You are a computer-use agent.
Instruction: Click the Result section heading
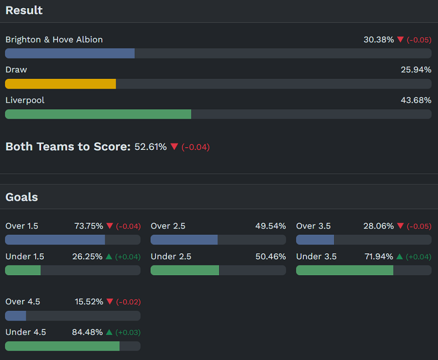click(x=24, y=10)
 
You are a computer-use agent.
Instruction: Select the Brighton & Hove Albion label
click(x=54, y=39)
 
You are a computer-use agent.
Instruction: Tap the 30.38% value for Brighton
click(x=378, y=39)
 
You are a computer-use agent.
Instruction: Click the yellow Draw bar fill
click(x=60, y=84)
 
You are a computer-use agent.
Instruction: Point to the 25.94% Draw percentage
click(x=416, y=69)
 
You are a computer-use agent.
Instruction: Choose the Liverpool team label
click(x=25, y=100)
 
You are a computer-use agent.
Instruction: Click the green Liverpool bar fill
click(x=98, y=114)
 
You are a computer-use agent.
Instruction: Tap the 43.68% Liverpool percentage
click(x=416, y=100)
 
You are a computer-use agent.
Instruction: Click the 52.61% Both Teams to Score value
click(x=151, y=147)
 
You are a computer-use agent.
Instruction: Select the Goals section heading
click(x=21, y=197)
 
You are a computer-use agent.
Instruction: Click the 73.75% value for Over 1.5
click(x=89, y=226)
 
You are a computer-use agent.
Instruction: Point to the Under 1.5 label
click(x=25, y=257)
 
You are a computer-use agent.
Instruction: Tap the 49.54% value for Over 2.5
click(x=270, y=226)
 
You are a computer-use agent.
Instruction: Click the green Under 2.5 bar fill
click(x=185, y=270)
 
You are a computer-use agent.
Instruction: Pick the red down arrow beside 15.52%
click(x=109, y=301)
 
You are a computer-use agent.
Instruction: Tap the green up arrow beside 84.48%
click(x=109, y=332)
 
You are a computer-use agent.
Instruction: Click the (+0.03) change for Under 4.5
click(x=128, y=332)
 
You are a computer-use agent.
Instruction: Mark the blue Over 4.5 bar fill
click(x=15, y=316)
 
